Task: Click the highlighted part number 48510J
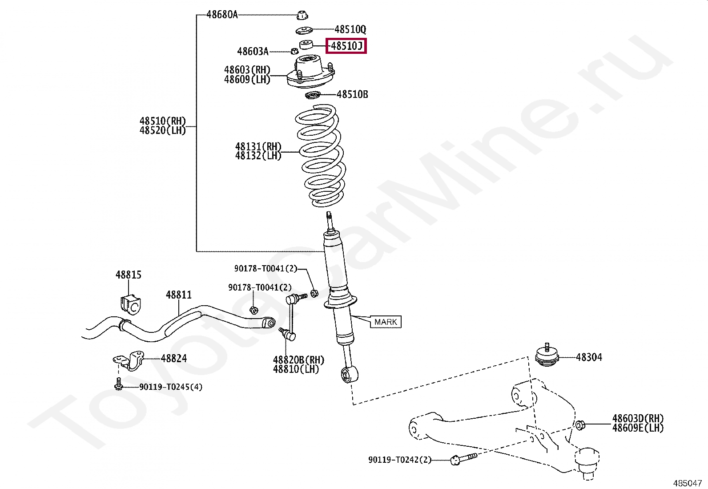(346, 45)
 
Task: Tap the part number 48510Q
(350, 30)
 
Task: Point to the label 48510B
(352, 94)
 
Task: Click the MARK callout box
(386, 322)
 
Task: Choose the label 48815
(128, 275)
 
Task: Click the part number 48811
(178, 295)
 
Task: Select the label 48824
(173, 358)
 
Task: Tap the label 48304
(589, 357)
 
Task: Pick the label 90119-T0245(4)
(170, 387)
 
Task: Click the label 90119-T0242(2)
(399, 460)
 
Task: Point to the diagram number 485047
(687, 482)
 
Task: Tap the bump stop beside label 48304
(547, 356)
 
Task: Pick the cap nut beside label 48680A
(302, 15)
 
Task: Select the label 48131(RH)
(258, 146)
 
